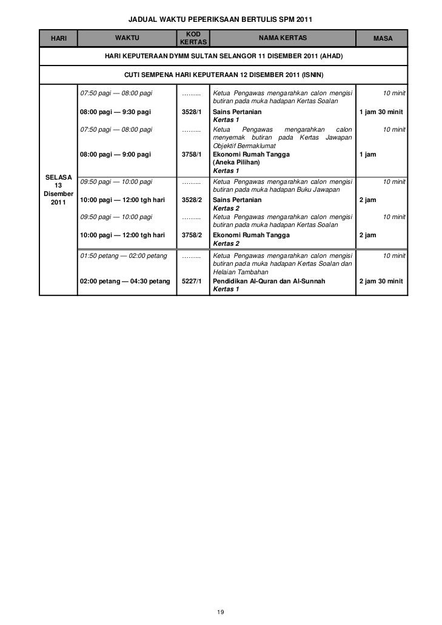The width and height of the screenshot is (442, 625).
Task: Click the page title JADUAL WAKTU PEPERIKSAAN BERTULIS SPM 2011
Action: pos(221,19)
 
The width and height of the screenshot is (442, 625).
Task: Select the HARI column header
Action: pos(59,39)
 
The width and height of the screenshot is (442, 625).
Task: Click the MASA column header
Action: pos(383,39)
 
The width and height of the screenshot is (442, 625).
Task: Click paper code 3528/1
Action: pos(192,112)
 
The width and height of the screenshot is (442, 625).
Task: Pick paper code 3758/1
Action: pos(192,155)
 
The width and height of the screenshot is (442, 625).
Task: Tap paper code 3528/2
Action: pos(192,200)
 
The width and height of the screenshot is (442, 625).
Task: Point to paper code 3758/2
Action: pos(192,235)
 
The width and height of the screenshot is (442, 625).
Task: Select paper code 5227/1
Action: pos(192,282)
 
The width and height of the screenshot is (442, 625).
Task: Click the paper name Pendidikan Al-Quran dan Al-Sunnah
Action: pos(269,282)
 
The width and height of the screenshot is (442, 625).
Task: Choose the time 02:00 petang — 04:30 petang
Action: pos(125,282)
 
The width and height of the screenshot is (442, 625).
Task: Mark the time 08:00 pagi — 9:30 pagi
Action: pos(116,112)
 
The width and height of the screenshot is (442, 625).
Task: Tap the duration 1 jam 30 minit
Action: pos(381,112)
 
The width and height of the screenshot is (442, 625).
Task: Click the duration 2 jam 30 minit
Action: pos(381,282)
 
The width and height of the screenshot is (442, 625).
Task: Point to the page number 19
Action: pos(221,612)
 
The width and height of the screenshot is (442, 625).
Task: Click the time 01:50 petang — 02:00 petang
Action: pos(124,256)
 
